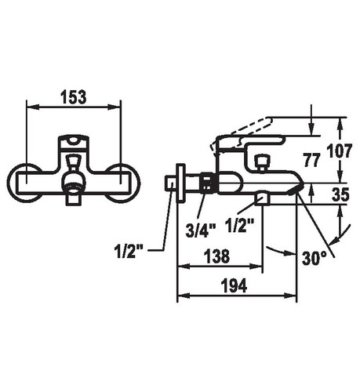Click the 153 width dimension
[x=73, y=97]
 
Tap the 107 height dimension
[x=340, y=151]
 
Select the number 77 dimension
[x=311, y=160]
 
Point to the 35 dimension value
[x=340, y=194]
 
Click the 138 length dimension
[x=216, y=256]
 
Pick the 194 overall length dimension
[x=234, y=285]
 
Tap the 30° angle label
[x=314, y=258]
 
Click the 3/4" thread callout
[x=201, y=230]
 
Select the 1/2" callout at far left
[x=129, y=252]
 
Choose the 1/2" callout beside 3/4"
[x=239, y=226]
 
